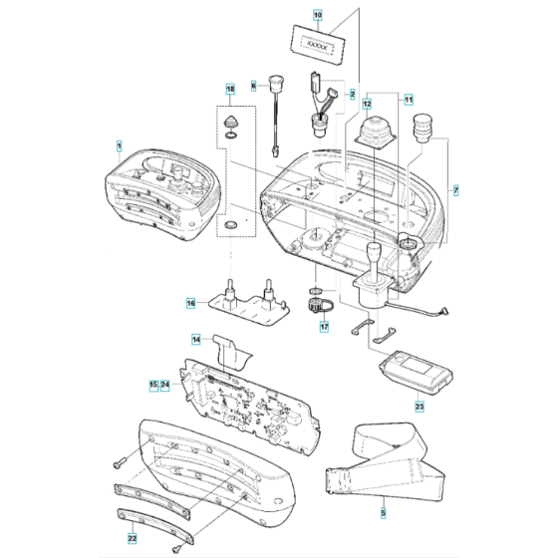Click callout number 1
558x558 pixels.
(119, 146)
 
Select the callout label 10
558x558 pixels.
(317, 16)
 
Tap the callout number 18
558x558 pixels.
(231, 89)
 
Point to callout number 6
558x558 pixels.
(254, 87)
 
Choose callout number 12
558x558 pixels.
(367, 102)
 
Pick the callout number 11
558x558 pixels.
(407, 102)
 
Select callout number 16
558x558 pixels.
(191, 302)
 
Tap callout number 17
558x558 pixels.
(323, 327)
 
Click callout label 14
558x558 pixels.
(197, 340)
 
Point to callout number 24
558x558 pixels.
(166, 384)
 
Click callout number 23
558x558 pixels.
(418, 406)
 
